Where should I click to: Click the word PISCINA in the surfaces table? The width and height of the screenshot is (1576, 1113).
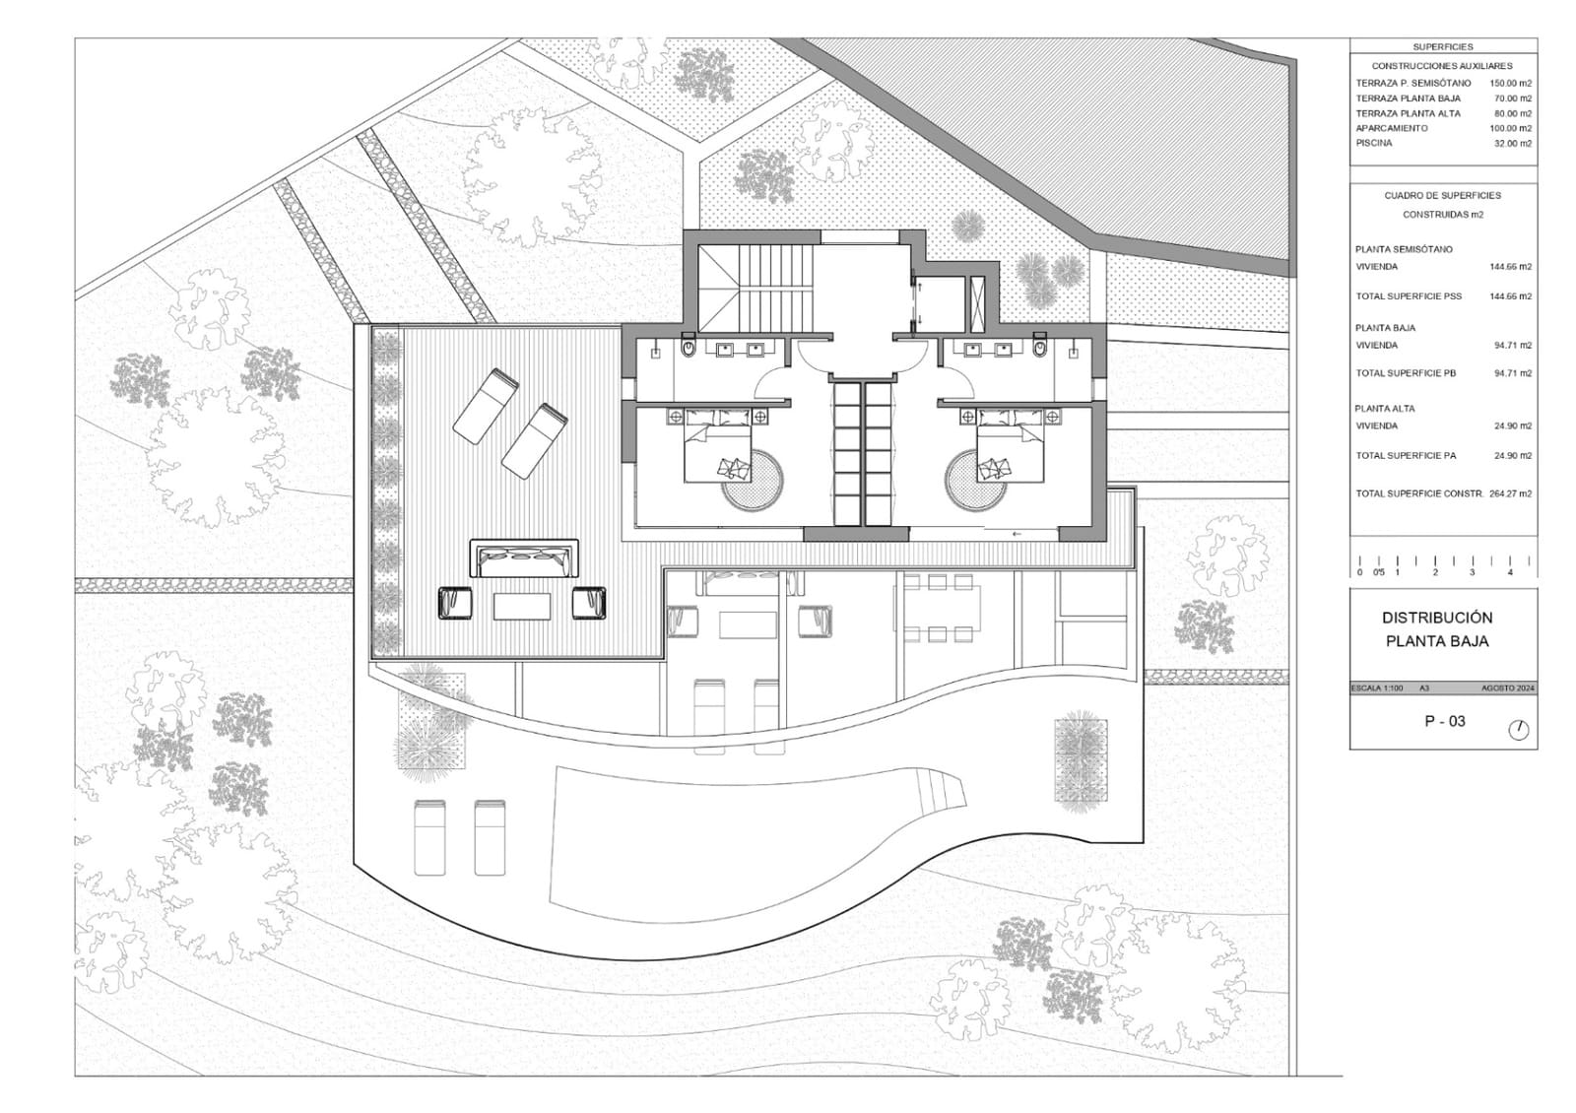click(x=1374, y=144)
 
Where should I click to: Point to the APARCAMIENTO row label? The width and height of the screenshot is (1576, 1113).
click(x=1392, y=129)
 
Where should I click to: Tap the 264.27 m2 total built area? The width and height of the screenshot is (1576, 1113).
click(x=1512, y=494)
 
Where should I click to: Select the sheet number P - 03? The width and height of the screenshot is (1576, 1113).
click(x=1445, y=721)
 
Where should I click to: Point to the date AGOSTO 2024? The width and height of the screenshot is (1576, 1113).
click(x=1508, y=688)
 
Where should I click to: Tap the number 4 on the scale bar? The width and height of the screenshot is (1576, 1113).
click(x=1510, y=572)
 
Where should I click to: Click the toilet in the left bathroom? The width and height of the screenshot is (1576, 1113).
click(x=689, y=347)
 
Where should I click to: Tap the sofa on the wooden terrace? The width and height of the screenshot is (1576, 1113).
click(x=525, y=558)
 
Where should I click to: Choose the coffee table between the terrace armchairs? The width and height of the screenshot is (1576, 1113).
click(x=523, y=604)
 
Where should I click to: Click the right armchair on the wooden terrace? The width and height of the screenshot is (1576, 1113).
click(x=589, y=603)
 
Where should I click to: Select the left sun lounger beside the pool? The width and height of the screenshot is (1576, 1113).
click(x=429, y=837)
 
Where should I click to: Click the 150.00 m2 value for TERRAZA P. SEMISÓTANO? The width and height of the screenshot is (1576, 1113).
click(x=1511, y=84)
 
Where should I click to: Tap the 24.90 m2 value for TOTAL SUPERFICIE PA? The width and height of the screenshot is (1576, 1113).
click(x=1513, y=456)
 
